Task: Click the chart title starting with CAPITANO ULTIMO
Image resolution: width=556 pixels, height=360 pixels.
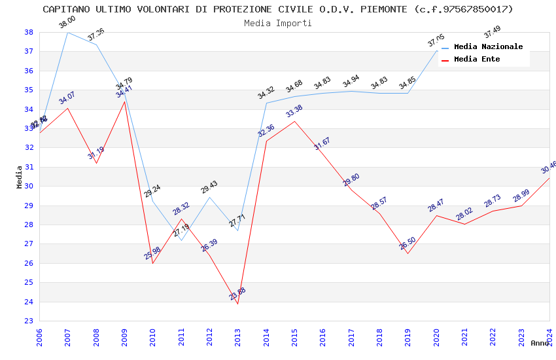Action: click(278, 9)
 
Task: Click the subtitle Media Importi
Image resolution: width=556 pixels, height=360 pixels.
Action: click(278, 23)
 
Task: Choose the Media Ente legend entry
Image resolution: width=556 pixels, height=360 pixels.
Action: click(477, 60)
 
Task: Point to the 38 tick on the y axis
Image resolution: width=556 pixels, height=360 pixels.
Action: click(29, 32)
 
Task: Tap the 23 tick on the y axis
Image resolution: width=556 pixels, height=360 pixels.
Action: click(29, 321)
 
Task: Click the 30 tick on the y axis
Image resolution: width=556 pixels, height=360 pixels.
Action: click(29, 187)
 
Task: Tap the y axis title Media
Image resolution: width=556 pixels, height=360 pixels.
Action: click(20, 177)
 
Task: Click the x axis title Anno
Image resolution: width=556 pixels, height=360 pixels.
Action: click(540, 343)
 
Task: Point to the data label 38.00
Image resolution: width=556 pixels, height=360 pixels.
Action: click(67, 23)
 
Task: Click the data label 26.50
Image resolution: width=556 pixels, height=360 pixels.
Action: click(407, 244)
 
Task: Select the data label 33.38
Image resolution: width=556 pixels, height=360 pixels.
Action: click(294, 111)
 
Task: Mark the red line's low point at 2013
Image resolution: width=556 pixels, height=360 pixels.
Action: click(237, 304)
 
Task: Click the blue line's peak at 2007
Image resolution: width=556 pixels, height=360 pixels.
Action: click(67, 32)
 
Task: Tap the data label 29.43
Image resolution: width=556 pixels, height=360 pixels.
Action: click(209, 188)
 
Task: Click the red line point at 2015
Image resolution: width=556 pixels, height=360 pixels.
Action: click(294, 121)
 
